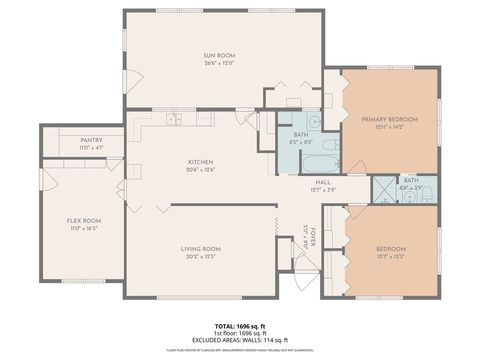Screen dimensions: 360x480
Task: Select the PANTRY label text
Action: tap(92, 141)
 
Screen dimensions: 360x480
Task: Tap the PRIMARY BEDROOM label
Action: tap(389, 118)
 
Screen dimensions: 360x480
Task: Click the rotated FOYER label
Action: tap(312, 237)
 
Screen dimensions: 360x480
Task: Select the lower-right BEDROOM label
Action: tap(390, 248)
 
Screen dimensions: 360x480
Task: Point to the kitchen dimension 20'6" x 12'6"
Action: tap(201, 169)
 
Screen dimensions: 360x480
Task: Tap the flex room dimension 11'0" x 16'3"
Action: tap(84, 228)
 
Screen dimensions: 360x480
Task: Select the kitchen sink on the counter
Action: tap(176, 119)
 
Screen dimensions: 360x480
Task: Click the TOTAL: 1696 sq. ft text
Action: tap(240, 327)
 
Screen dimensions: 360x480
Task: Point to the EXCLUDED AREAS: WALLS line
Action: tap(240, 342)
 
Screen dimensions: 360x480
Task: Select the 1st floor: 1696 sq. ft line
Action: tap(240, 335)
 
